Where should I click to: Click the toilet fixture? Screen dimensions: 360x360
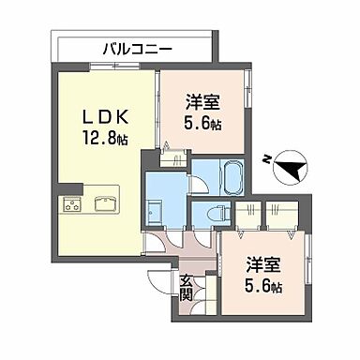[217, 212]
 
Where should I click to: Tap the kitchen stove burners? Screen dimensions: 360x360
[72, 203]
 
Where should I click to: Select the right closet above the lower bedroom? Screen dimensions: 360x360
[281, 214]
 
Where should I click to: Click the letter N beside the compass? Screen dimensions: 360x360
[268, 159]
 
